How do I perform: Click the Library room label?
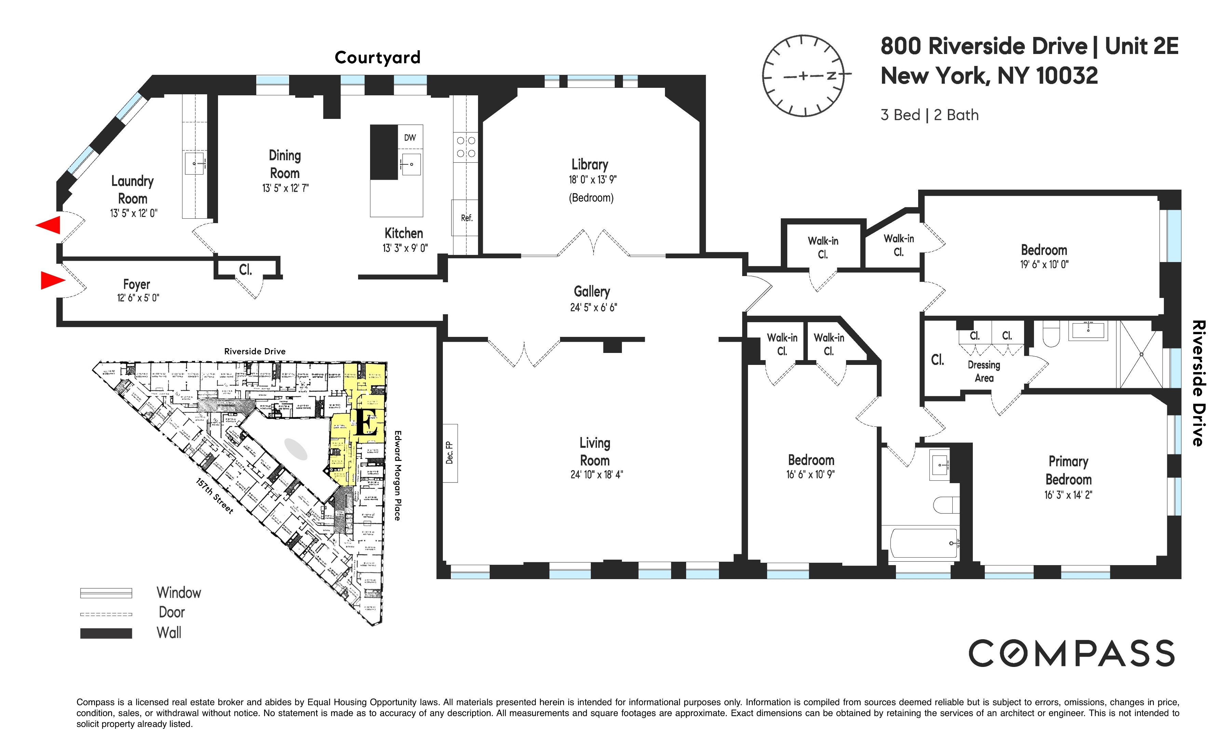point(590,164)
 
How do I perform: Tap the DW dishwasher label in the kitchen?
point(410,138)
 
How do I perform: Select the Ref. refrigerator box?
point(466,218)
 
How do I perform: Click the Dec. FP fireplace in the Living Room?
point(450,453)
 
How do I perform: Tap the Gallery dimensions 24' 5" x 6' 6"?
point(593,307)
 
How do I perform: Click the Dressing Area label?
point(984,371)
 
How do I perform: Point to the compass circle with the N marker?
point(803,76)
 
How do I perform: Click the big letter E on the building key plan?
point(366,423)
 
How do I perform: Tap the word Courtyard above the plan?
point(377,58)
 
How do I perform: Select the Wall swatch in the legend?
point(106,633)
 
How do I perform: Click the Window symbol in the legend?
point(106,593)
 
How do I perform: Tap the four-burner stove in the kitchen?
point(466,147)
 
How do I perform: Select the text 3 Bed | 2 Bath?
point(929,115)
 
